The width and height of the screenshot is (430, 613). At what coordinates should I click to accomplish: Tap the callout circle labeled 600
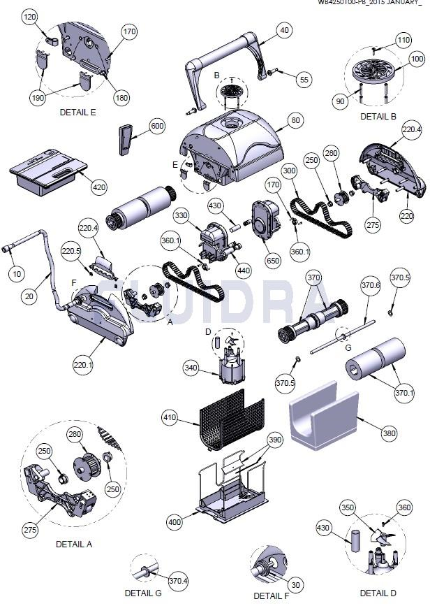click(x=157, y=126)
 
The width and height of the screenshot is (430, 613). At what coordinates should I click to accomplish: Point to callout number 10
click(x=16, y=273)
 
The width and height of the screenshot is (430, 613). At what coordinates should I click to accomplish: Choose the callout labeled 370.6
click(x=370, y=285)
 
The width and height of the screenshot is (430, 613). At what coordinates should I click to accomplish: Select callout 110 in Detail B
click(x=403, y=41)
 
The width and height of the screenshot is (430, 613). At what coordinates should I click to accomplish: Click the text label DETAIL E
click(x=77, y=112)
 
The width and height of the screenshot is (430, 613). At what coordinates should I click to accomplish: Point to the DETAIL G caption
click(x=143, y=593)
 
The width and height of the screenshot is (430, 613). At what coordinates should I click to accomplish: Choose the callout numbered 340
click(x=191, y=368)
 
